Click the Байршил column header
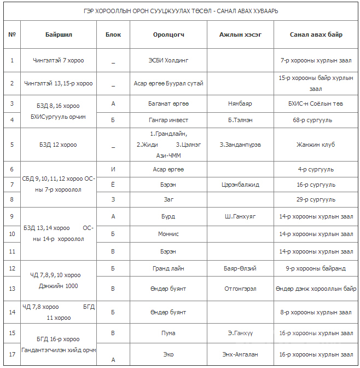[x=59, y=34]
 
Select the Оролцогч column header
[x=169, y=34]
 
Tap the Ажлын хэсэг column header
[x=240, y=34]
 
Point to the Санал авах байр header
[x=316, y=34]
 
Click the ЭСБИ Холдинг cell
[x=169, y=60]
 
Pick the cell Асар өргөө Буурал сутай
[x=169, y=83]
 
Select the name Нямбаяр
[x=240, y=103]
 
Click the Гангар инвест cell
[x=169, y=119]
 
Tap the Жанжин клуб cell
[x=316, y=145]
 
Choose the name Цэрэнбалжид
[x=240, y=185]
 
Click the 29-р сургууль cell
[x=316, y=199]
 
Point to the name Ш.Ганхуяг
[x=240, y=216]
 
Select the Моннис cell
[x=169, y=234]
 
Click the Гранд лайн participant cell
[x=169, y=268]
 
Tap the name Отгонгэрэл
[x=240, y=289]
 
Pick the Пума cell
[x=169, y=332]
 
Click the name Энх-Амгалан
[x=240, y=354]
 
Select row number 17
[x=12, y=354]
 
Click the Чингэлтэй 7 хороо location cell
[x=59, y=60]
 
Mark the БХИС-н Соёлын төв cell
[x=316, y=103]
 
